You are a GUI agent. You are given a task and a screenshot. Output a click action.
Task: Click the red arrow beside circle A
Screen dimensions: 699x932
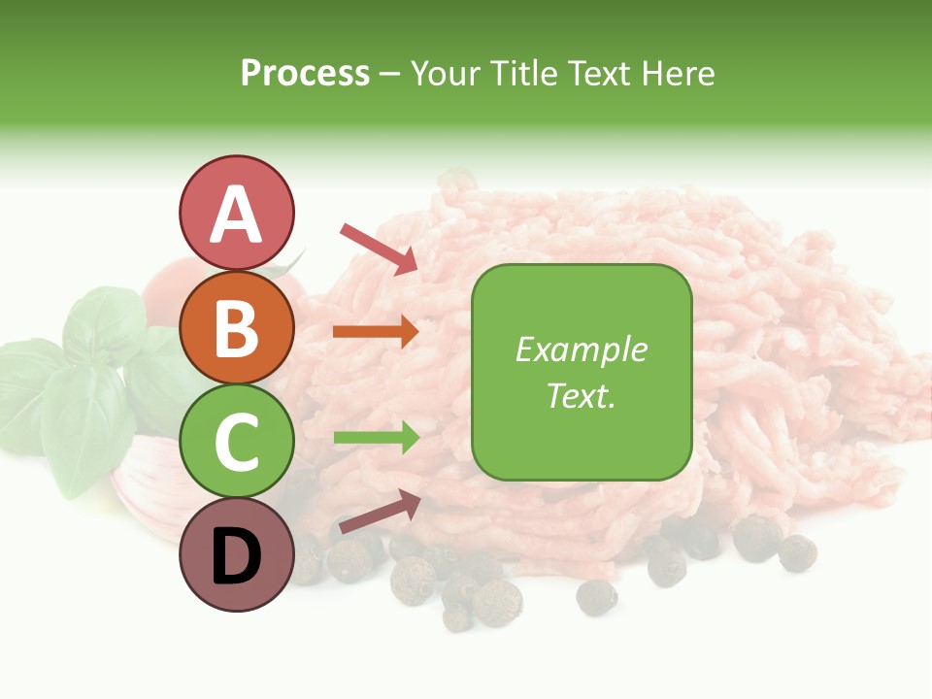tap(378, 248)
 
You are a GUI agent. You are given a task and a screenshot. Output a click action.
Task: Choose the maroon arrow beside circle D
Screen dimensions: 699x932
tap(378, 513)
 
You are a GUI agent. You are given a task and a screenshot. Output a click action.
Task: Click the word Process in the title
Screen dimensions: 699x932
tap(305, 74)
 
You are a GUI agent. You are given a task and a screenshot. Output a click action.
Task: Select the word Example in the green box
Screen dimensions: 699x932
tap(582, 349)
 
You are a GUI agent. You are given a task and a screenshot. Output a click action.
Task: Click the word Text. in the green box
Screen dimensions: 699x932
tap(582, 395)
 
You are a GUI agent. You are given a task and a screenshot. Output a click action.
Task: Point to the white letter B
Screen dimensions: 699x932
tap(236, 327)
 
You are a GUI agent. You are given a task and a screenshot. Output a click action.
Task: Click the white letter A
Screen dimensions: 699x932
tap(236, 214)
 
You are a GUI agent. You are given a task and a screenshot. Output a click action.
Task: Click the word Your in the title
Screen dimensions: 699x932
tap(446, 74)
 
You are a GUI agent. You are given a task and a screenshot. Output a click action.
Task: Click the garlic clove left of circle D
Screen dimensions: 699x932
tap(146, 485)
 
